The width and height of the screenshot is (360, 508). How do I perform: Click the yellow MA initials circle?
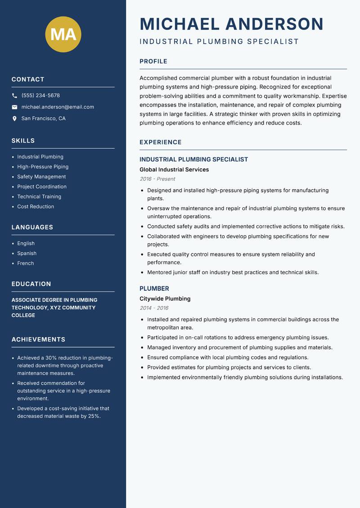coord(63,34)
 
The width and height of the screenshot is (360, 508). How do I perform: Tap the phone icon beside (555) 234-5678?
coord(14,96)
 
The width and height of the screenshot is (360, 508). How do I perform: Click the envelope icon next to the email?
coord(14,107)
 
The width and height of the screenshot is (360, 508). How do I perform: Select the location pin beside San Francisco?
coord(14,119)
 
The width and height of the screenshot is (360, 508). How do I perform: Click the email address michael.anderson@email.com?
coord(58,107)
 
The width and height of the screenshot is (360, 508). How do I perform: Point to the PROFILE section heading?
coord(153,62)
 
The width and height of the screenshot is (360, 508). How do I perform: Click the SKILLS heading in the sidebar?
coord(23,141)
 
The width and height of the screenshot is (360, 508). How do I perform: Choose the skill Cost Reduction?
coord(36,207)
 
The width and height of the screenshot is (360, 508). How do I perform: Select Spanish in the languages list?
coord(27,254)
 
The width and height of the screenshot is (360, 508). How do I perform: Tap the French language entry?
coord(26,263)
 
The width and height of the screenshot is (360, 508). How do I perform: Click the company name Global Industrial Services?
coord(174,169)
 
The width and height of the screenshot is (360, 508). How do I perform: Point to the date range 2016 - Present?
coord(157,179)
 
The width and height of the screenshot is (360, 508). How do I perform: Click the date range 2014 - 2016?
coord(154,308)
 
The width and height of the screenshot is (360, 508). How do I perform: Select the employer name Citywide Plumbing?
coord(165,299)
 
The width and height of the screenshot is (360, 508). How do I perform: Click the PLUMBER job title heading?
coord(154,289)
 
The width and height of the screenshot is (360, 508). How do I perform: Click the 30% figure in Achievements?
coord(51,358)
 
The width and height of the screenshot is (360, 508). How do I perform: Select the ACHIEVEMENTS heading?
coord(38,339)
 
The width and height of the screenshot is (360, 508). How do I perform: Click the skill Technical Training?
coord(39,197)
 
